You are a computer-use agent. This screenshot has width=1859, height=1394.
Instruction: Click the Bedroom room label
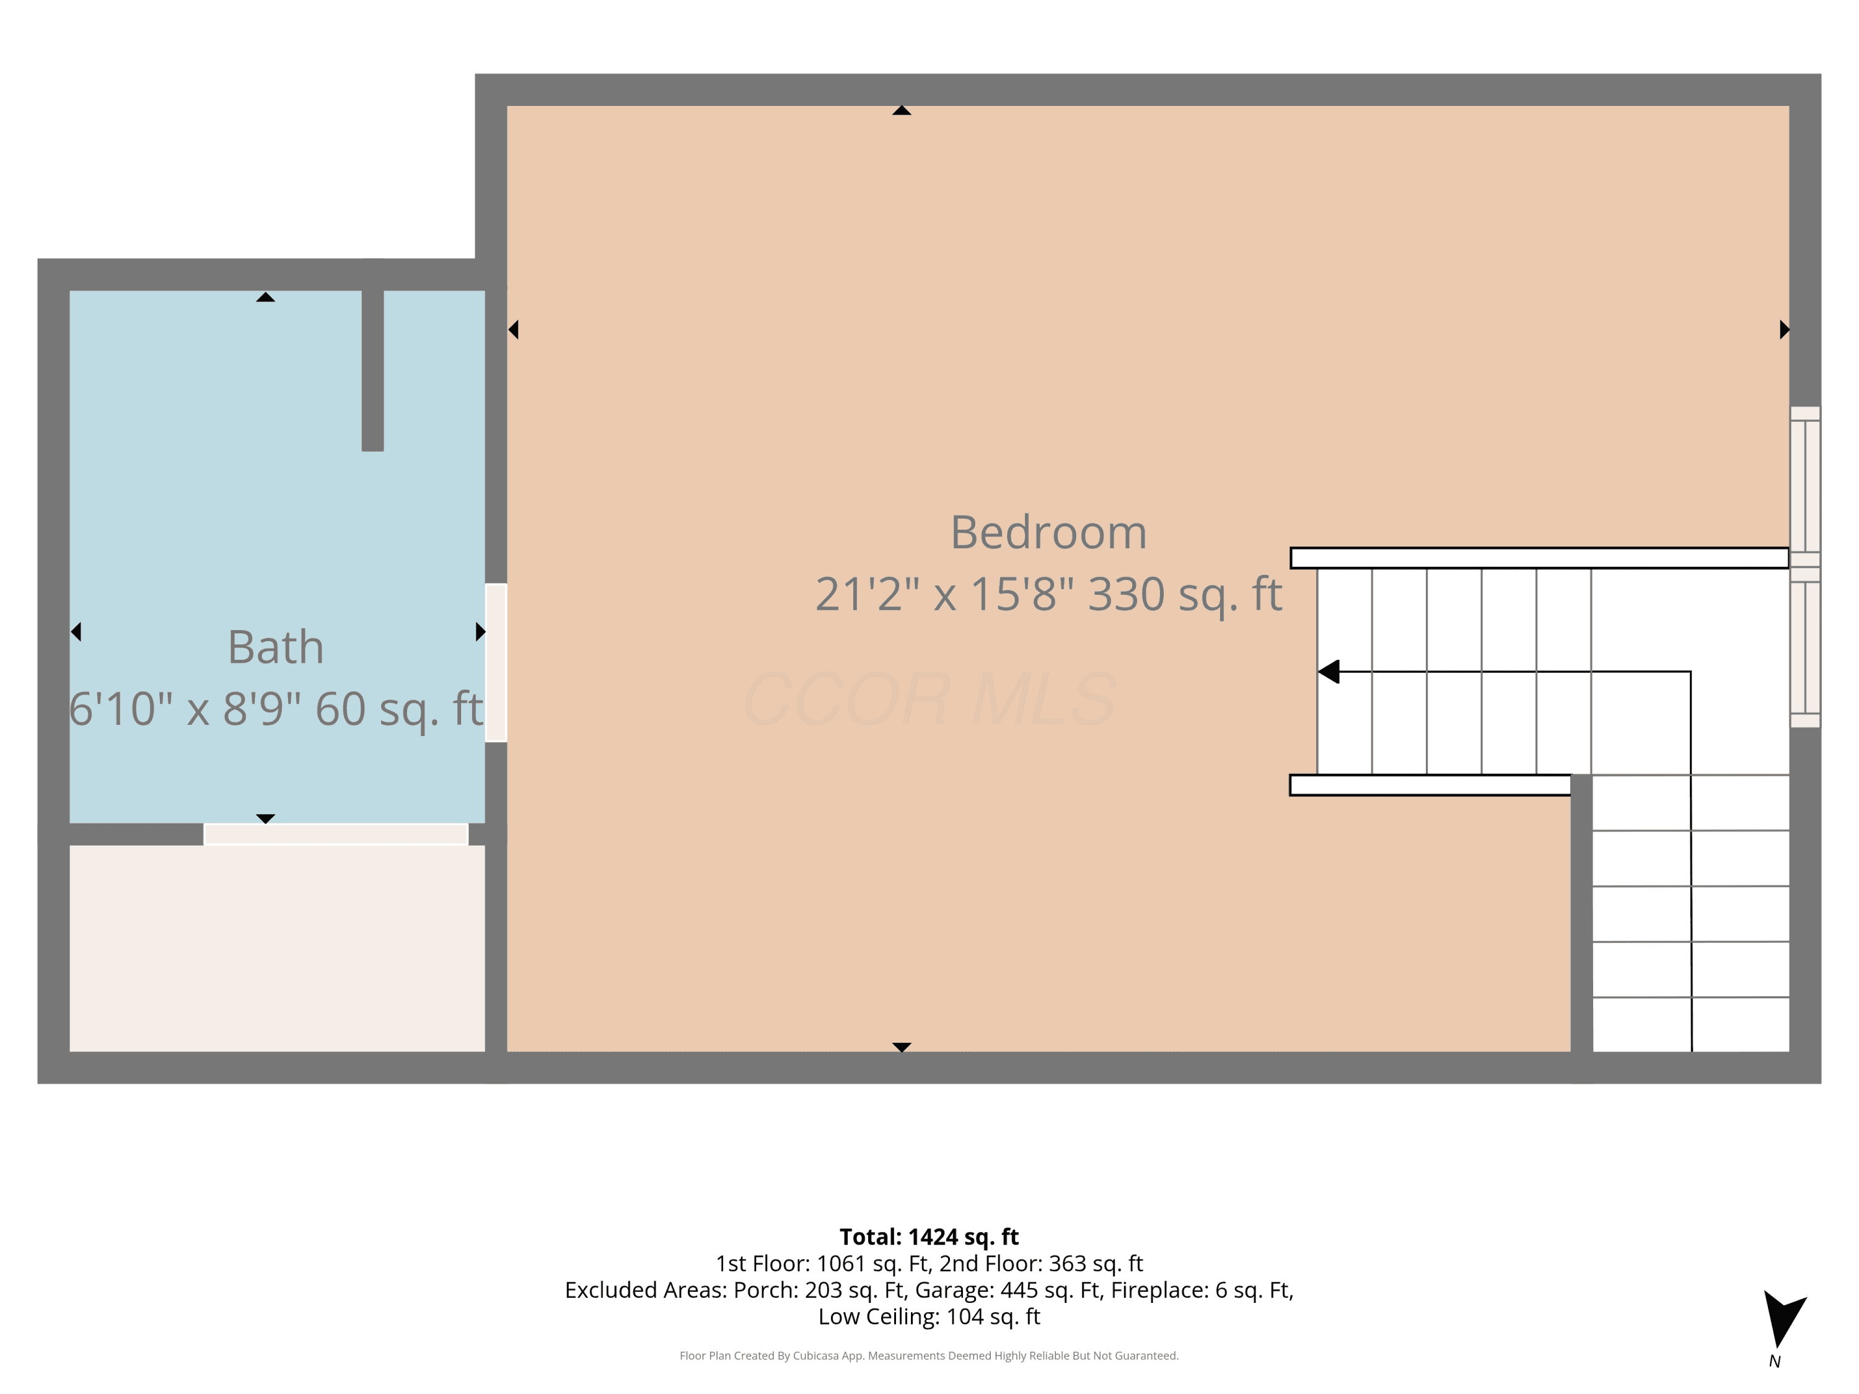(x=1048, y=533)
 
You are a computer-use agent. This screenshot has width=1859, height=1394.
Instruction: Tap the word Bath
(x=276, y=647)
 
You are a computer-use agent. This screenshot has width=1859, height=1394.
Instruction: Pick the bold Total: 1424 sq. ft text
(x=929, y=1237)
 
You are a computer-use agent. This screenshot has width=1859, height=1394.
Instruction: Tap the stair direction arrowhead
(x=1329, y=672)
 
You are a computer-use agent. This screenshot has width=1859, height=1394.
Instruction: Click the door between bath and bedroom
(x=496, y=662)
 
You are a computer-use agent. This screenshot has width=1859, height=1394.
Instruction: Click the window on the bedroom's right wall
(x=1804, y=567)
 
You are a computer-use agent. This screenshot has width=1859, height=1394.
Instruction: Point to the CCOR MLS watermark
(x=929, y=699)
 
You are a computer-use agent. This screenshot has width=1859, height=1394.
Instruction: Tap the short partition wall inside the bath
(x=373, y=370)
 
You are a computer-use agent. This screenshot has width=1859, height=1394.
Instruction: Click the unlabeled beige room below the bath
(x=278, y=948)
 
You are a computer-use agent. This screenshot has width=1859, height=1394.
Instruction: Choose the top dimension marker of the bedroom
(x=902, y=110)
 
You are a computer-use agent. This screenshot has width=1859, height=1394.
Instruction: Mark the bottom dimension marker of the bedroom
(x=902, y=1047)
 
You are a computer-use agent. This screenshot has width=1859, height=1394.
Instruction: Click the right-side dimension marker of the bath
(x=481, y=631)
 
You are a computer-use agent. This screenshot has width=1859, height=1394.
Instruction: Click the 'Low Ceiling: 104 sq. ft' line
(x=929, y=1317)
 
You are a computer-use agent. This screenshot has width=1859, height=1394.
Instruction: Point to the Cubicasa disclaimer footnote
(x=929, y=1356)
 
